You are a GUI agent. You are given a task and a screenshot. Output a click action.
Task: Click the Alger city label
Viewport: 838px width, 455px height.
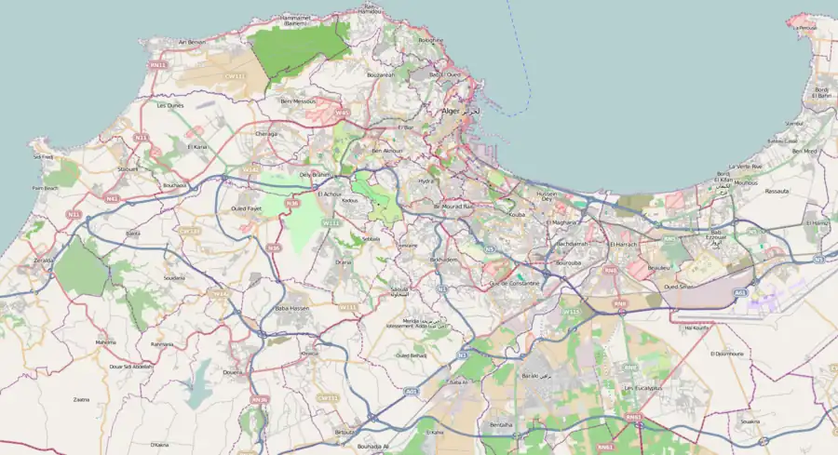451,111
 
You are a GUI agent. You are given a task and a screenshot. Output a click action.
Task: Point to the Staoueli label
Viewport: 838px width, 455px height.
128,169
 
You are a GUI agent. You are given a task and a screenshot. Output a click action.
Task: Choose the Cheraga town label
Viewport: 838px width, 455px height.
266,133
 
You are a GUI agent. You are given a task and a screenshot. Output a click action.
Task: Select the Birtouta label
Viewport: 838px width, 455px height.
345,432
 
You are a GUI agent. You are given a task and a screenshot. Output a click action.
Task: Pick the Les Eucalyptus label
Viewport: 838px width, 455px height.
642,387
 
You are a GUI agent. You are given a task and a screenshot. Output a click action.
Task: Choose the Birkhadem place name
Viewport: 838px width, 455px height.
443,260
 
